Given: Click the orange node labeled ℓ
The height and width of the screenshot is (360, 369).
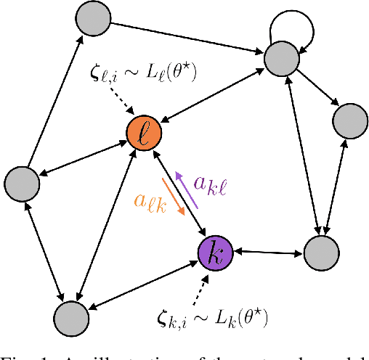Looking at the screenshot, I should [143, 135].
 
